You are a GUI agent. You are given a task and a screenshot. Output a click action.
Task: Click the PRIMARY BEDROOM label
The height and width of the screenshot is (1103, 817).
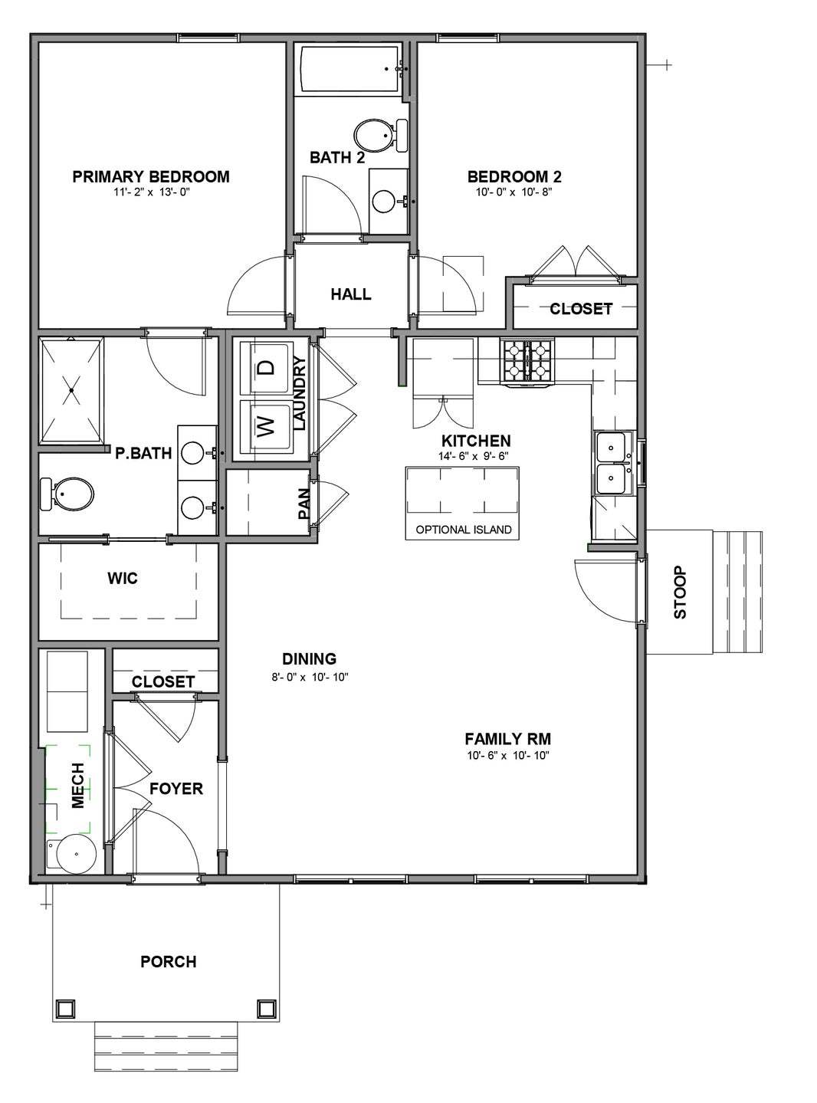click(151, 176)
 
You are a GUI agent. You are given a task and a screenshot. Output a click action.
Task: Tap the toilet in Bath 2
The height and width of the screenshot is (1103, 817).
click(381, 135)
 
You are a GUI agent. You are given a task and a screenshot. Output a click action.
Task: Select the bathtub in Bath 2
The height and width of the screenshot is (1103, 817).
click(350, 69)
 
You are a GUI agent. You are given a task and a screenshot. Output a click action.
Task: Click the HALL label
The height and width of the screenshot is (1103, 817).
click(351, 294)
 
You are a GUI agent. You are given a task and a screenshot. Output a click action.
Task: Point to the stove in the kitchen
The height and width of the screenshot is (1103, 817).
click(528, 362)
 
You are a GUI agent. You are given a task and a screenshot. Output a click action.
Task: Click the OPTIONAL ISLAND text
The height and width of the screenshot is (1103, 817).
click(464, 530)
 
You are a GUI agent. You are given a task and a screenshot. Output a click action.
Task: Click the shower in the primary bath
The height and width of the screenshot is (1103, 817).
click(71, 390)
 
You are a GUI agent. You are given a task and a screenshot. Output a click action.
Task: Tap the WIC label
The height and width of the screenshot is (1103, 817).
click(123, 579)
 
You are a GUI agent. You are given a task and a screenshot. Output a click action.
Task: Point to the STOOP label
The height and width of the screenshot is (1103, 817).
click(680, 593)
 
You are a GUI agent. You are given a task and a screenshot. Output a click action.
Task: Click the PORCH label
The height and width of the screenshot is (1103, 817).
click(169, 962)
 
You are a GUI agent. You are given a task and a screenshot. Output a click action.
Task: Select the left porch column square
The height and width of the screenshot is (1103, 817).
click(65, 1009)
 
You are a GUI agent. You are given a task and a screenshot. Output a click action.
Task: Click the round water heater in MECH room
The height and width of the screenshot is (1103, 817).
click(76, 854)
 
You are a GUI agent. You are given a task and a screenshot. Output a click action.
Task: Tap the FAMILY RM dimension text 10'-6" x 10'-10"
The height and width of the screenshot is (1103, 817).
click(507, 756)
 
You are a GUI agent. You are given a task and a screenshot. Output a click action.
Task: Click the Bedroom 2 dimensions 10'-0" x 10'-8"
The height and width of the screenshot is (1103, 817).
click(514, 192)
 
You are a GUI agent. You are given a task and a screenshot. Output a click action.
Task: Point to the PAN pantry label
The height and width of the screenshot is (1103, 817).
click(304, 504)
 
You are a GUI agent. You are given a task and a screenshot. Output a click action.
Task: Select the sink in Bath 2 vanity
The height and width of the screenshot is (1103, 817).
click(384, 201)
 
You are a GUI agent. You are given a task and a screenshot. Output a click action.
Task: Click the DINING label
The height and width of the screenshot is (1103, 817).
click(310, 659)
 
